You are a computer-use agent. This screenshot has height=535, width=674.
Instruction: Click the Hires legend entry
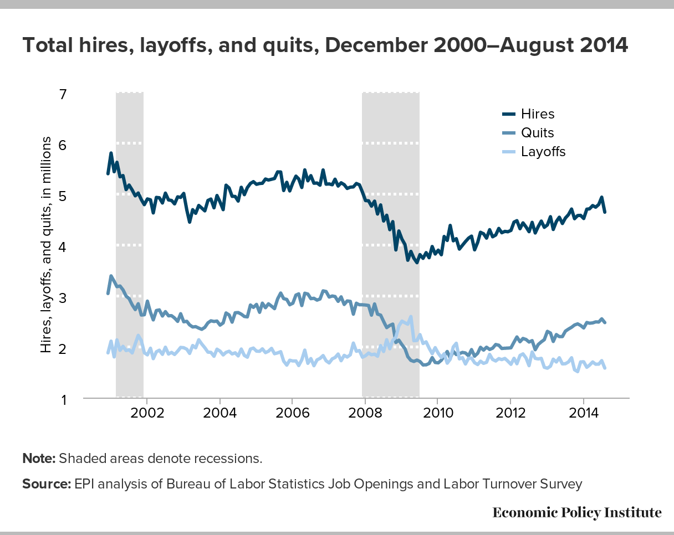click(x=528, y=114)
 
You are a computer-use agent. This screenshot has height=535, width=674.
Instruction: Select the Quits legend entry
click(x=528, y=133)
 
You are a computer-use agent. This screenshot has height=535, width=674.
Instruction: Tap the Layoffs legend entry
click(x=534, y=152)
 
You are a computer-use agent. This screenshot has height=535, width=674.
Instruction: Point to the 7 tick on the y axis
click(x=63, y=94)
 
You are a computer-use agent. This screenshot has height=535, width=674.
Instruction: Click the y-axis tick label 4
click(x=63, y=247)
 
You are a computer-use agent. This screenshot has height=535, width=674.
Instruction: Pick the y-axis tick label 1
click(x=64, y=400)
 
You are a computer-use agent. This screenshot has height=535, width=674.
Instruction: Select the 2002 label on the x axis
click(x=147, y=413)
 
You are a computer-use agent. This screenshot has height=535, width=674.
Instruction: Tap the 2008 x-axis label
click(x=365, y=413)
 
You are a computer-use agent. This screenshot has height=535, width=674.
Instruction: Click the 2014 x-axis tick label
click(x=584, y=413)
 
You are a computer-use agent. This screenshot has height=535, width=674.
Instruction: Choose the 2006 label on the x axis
click(x=293, y=413)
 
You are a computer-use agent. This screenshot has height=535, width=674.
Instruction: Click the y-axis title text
click(x=45, y=245)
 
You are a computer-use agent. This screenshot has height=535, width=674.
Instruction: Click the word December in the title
click(x=377, y=45)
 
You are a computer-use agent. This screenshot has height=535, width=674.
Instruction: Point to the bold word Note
click(x=39, y=459)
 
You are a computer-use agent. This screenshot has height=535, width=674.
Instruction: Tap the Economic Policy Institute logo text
click(x=577, y=513)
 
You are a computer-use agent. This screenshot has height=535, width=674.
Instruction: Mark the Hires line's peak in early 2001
click(x=111, y=153)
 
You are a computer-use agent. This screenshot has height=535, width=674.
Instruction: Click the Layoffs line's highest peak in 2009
click(x=411, y=317)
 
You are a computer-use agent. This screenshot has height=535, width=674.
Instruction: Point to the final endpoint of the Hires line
click(x=605, y=212)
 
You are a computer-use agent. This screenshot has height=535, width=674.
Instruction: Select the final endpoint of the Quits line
click(x=605, y=322)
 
